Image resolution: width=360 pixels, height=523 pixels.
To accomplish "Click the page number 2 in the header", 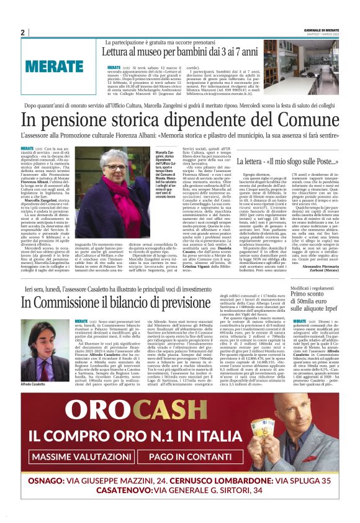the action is [22, 32].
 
